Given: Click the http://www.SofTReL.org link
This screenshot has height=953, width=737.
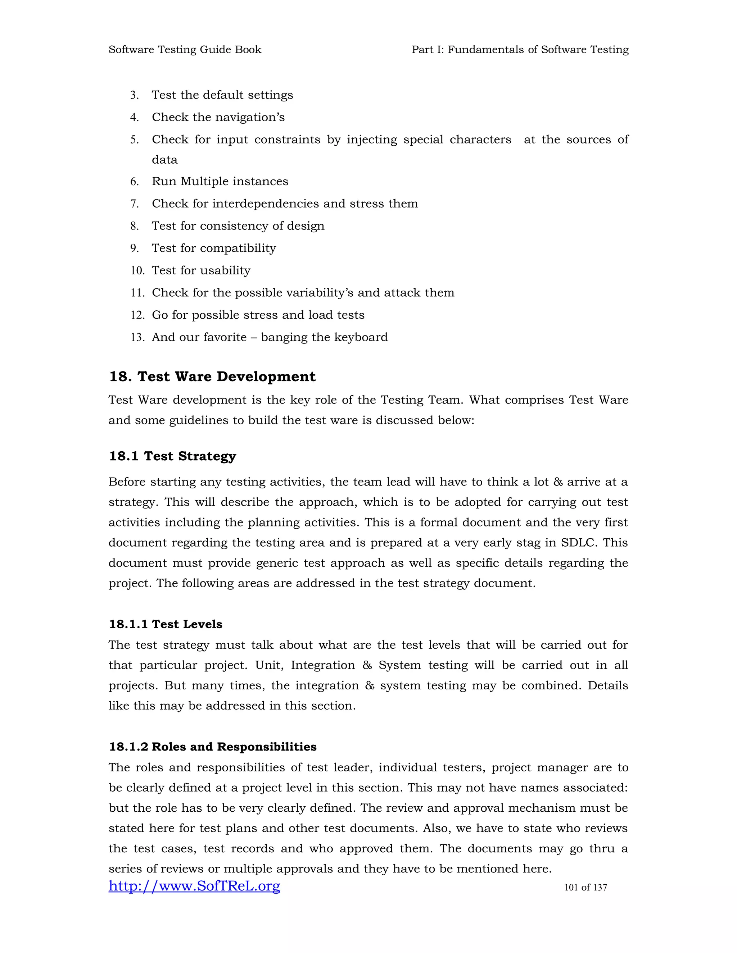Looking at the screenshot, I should (194, 886).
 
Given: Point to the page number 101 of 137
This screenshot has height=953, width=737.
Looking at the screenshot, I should (585, 888).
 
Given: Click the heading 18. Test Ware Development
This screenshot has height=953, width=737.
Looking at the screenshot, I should (212, 377).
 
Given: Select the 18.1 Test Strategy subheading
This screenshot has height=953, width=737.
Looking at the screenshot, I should (172, 456).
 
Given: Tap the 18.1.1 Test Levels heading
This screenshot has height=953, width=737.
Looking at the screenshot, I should (166, 624).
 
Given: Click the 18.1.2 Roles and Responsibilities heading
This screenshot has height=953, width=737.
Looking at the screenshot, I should (213, 747).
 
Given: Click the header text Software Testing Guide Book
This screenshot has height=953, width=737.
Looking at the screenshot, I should (185, 50).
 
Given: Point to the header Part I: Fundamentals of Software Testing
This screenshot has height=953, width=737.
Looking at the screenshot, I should (520, 50).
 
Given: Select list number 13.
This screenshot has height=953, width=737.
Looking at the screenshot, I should (137, 337).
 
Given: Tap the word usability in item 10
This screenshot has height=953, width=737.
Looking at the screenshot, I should (225, 270).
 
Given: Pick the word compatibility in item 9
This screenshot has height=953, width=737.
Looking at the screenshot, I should (238, 248).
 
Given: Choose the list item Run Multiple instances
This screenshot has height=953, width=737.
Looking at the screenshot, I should (220, 182).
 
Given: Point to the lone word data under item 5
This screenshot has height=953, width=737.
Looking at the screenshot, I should (164, 160).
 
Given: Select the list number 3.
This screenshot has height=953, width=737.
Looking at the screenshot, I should (135, 95).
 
